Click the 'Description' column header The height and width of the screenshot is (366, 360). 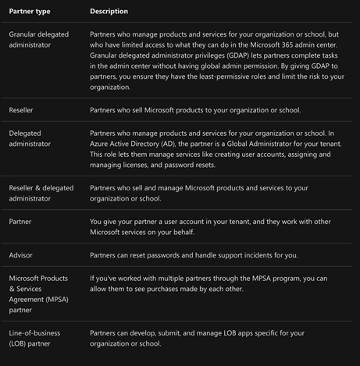(x=109, y=12)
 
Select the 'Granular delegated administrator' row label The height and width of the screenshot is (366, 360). (x=39, y=41)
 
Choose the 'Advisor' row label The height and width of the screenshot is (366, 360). (x=21, y=255)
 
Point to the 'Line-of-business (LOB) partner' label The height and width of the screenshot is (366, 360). (x=34, y=338)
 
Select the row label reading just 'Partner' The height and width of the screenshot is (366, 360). (x=21, y=222)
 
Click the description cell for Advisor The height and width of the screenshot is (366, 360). (x=194, y=255)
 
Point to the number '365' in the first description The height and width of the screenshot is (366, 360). (x=278, y=46)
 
